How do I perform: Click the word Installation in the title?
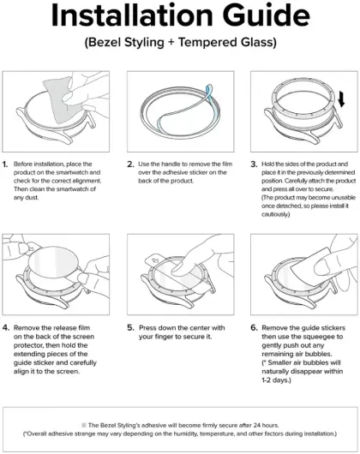pyautogui.click(x=132, y=15)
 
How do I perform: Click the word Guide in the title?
pyautogui.click(x=267, y=15)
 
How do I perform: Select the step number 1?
pyautogui.click(x=5, y=164)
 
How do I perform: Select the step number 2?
pyautogui.click(x=130, y=164)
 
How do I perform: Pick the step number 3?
pyautogui.click(x=254, y=164)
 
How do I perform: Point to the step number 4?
pyautogui.click(x=6, y=328)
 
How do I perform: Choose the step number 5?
pyautogui.click(x=130, y=328)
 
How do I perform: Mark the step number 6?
pyautogui.click(x=254, y=328)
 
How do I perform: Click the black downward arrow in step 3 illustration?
pyautogui.click(x=341, y=99)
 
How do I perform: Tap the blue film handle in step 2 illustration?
pyautogui.click(x=209, y=92)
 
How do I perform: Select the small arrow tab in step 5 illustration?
pyautogui.click(x=153, y=260)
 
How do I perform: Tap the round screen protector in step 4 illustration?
pyautogui.click(x=54, y=262)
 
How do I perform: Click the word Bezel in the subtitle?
pyautogui.click(x=104, y=42)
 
